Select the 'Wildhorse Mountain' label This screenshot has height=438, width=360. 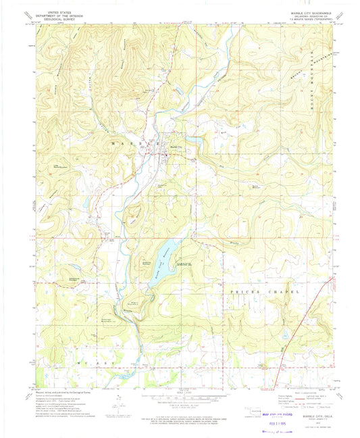point(75,278)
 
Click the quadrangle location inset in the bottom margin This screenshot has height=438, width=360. point(257,410)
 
